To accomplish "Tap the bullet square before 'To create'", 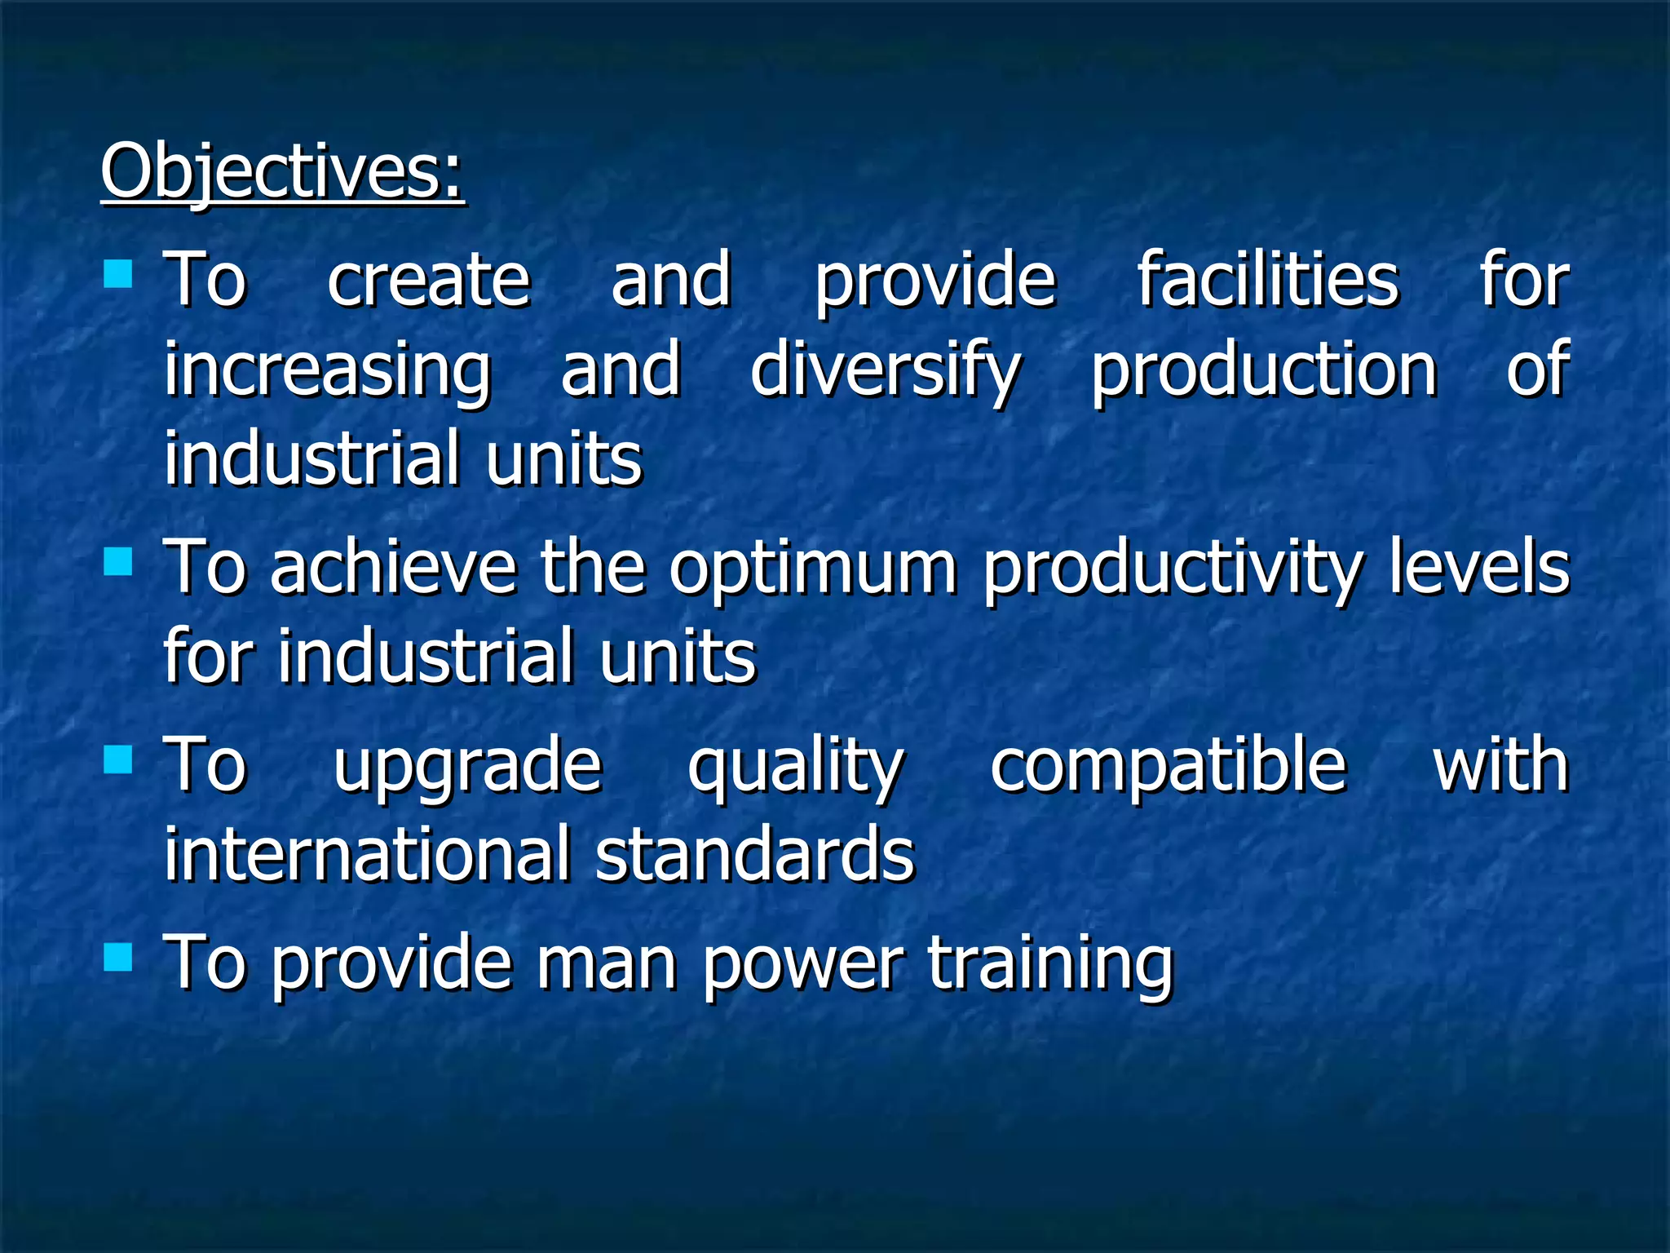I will point(118,274).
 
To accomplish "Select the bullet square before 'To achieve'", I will point(118,560).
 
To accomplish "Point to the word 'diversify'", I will point(885,371).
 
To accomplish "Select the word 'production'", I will point(1264,371).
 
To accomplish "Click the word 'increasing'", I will point(328,371).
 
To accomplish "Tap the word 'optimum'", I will point(813,569).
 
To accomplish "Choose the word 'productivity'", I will point(1173,569).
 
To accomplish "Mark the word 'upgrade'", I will point(467,767).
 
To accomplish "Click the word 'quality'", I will point(796,767).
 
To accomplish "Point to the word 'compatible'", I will point(1168,767).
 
